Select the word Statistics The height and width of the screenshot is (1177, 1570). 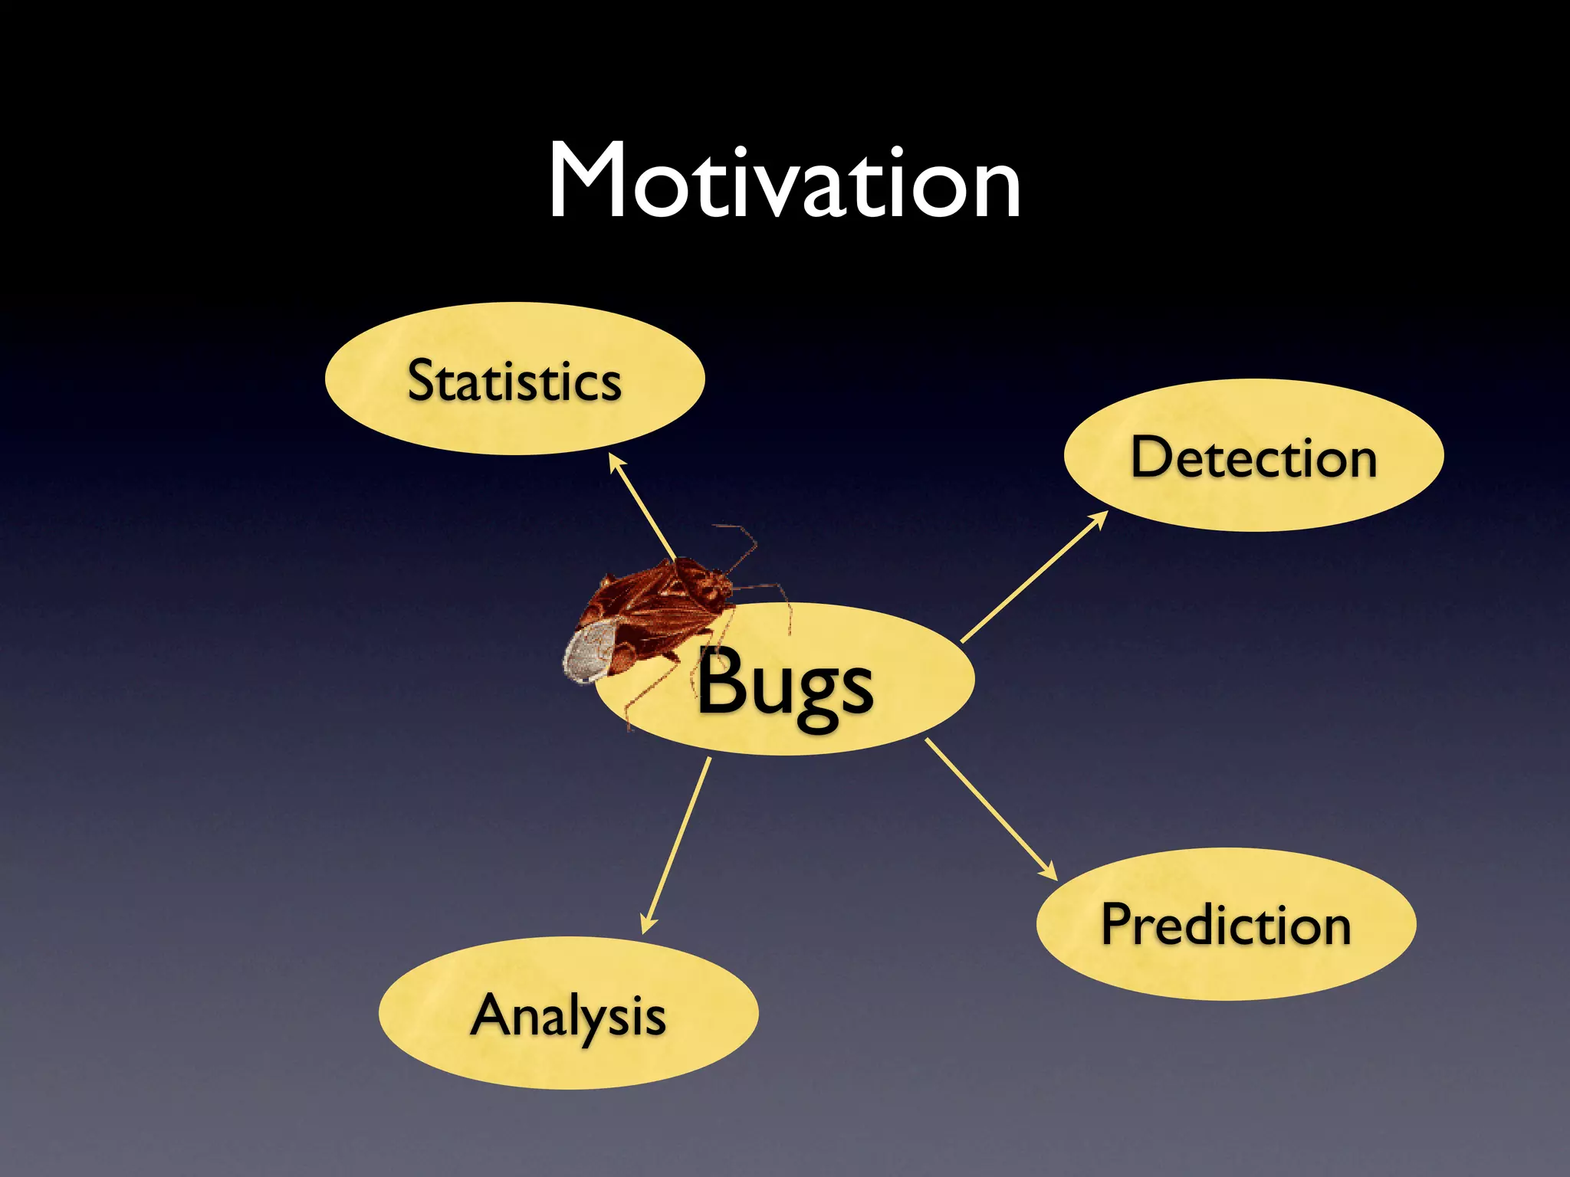coord(514,381)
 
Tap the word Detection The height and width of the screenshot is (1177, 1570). coord(1253,457)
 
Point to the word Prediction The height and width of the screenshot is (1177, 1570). coord(1226,925)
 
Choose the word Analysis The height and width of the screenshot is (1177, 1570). coord(568,1016)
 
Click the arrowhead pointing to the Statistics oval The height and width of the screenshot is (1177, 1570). coord(615,462)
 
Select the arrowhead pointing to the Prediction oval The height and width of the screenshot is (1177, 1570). coord(1049,871)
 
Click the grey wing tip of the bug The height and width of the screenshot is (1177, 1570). coord(589,651)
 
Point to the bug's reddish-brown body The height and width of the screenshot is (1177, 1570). coord(659,605)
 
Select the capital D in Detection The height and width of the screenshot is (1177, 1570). coord(1152,457)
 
